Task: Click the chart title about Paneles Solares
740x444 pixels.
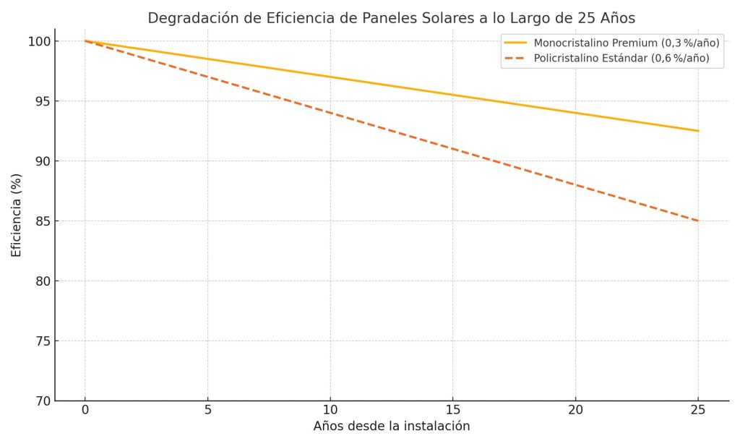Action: pos(391,18)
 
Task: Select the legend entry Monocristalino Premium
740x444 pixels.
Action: pos(626,43)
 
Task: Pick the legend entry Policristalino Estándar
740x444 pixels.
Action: pos(621,58)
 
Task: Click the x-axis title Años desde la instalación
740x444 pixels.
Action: pos(391,427)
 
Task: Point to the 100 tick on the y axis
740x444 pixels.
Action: pos(40,41)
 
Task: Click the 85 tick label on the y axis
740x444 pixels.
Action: pos(43,221)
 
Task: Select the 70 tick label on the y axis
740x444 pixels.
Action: pos(43,401)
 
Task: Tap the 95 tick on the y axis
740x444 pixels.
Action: pos(43,101)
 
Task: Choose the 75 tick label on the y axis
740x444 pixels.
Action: pos(43,341)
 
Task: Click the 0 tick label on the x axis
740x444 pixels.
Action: pos(85,411)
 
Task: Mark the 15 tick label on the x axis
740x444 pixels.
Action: pos(453,411)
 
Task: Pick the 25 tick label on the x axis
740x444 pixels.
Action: pos(698,411)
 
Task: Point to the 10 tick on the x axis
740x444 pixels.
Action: pos(330,411)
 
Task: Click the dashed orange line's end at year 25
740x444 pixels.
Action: pos(698,221)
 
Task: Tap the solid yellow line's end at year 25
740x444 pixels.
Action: pos(698,131)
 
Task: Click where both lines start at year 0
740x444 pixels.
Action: pos(85,41)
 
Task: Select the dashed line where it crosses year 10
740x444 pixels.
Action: pos(330,113)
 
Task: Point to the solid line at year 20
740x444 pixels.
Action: pos(575,113)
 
